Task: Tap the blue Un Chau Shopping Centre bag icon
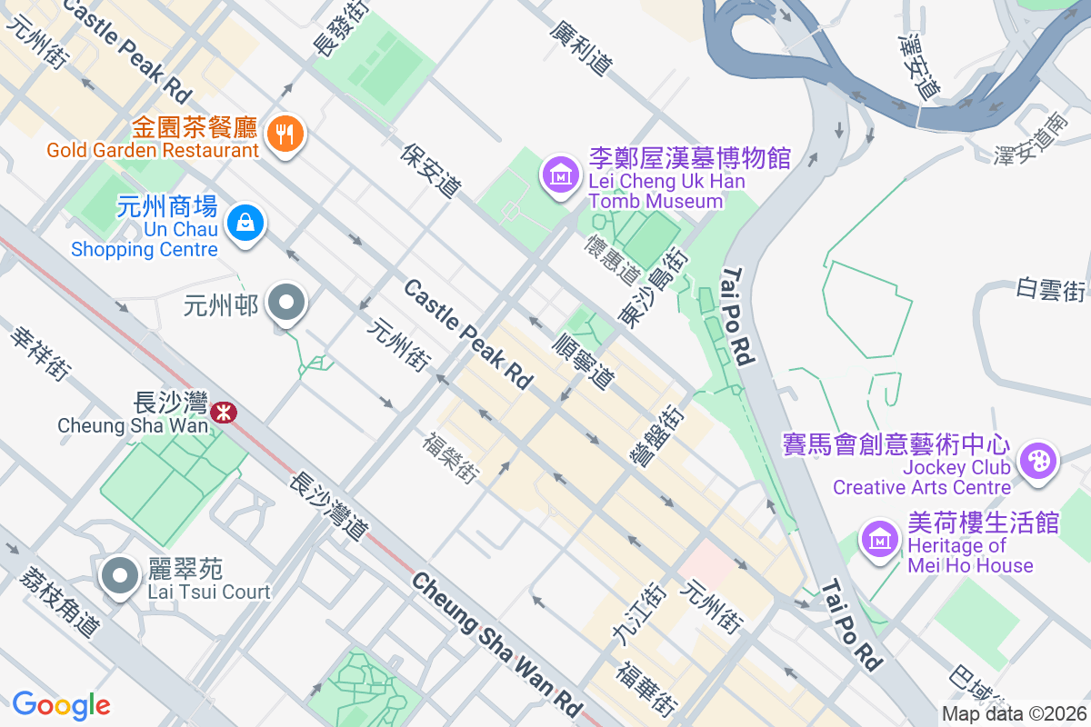[245, 221]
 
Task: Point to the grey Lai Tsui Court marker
[119, 578]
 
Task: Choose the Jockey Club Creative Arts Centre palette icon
[1036, 461]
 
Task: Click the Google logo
[61, 705]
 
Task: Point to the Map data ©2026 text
[1014, 714]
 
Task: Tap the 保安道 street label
[430, 169]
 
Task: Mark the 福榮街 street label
[451, 457]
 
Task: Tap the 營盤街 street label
[659, 435]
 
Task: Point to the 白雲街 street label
[1051, 290]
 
